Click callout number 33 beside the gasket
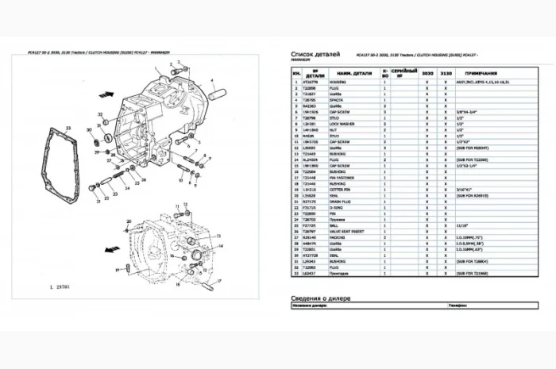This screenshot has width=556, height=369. (69, 127)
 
